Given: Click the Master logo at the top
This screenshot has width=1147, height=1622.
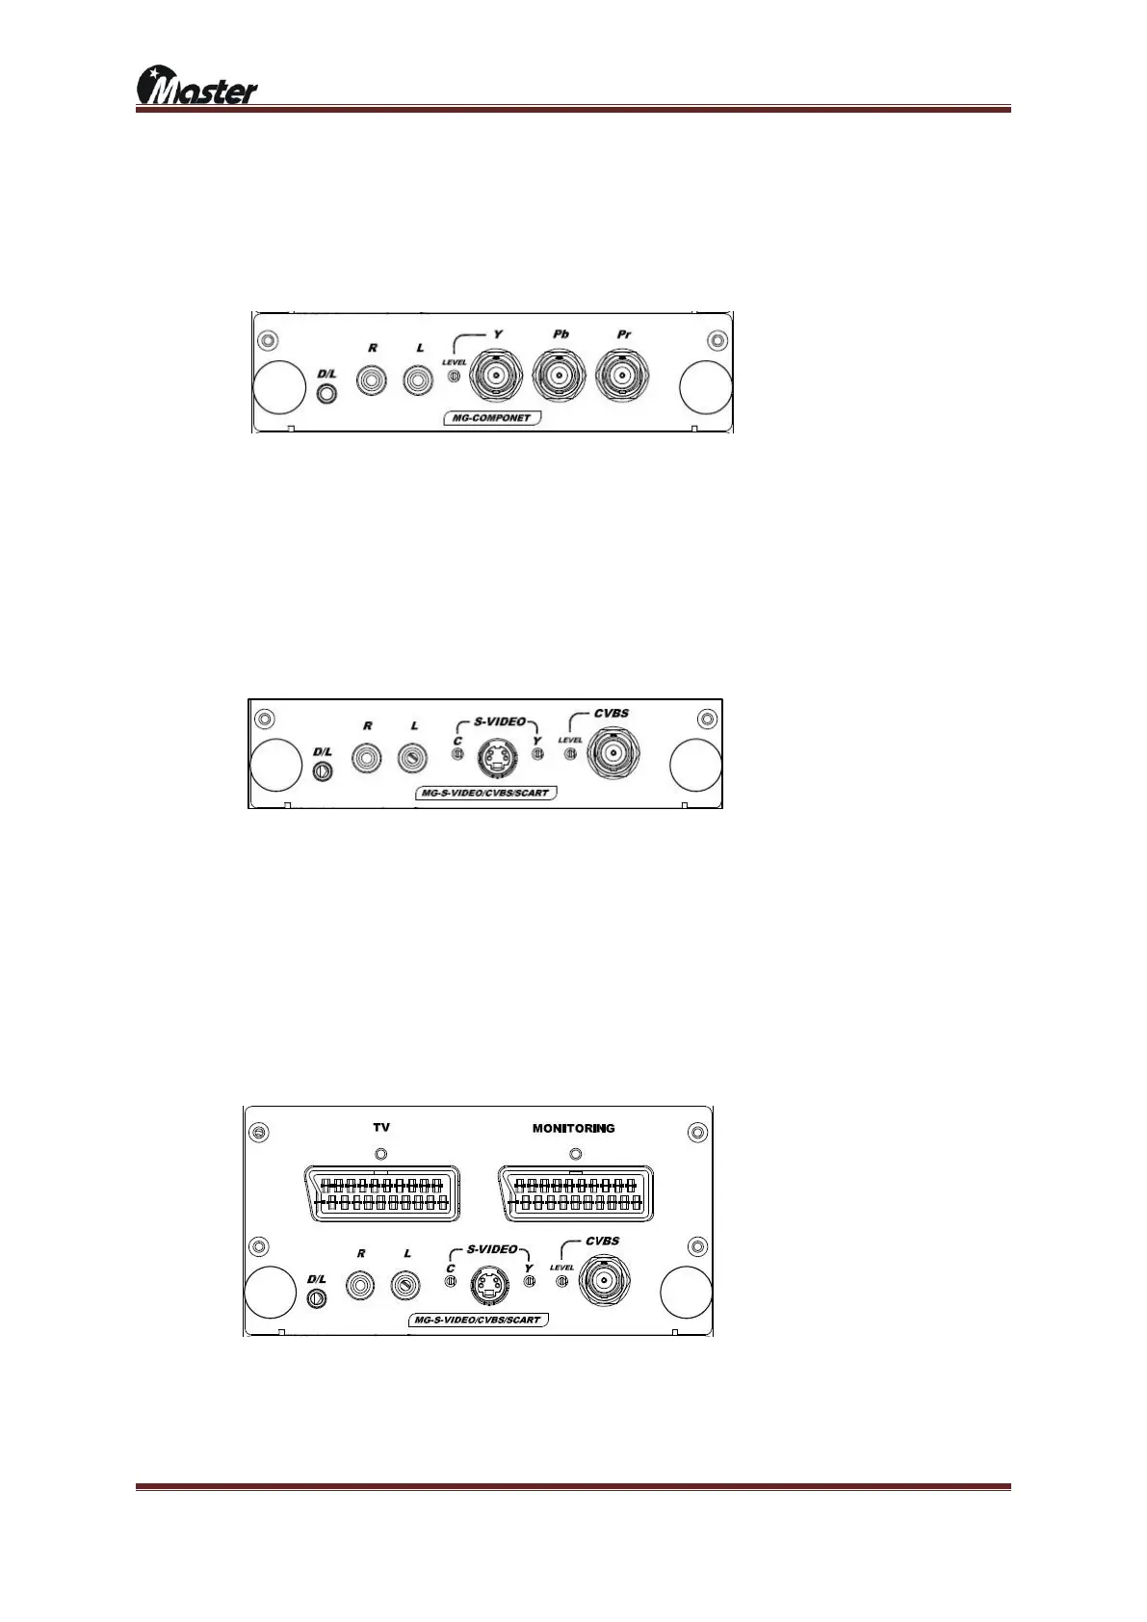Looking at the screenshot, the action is [x=197, y=87].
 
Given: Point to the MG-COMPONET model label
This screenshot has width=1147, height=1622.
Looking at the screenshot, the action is [x=491, y=418].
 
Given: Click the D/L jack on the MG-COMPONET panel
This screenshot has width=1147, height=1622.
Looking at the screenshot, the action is [x=327, y=393].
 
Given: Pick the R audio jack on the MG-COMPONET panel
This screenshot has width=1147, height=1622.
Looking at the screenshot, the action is [x=372, y=379].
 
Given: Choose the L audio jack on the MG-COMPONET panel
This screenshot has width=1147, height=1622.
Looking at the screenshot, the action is [x=419, y=379].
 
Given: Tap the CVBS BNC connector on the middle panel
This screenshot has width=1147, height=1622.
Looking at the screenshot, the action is [x=613, y=753].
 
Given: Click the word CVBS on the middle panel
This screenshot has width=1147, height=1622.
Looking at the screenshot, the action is [x=611, y=714].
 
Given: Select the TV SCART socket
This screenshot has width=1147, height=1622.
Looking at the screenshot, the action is [x=381, y=1193].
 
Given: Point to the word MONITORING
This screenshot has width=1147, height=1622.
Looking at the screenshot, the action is [x=573, y=1128].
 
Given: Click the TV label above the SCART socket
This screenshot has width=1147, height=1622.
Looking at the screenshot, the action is [x=381, y=1127].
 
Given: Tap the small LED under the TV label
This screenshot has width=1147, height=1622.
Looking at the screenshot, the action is [x=381, y=1153].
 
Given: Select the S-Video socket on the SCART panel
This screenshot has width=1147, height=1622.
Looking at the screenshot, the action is [x=488, y=1285].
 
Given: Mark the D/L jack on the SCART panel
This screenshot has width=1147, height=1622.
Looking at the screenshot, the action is [x=315, y=1299].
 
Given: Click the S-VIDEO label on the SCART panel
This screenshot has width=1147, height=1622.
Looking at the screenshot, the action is [x=492, y=1249].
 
